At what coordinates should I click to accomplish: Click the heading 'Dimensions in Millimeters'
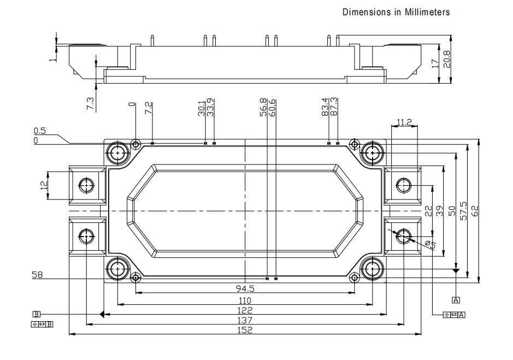396,12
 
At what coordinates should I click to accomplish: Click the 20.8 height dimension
447,59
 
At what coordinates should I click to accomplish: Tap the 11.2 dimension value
405,122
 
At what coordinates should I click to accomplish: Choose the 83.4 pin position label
325,107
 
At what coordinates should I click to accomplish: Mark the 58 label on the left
38,275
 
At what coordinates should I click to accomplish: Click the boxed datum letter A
456,299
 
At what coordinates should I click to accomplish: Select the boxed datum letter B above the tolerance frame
37,314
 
